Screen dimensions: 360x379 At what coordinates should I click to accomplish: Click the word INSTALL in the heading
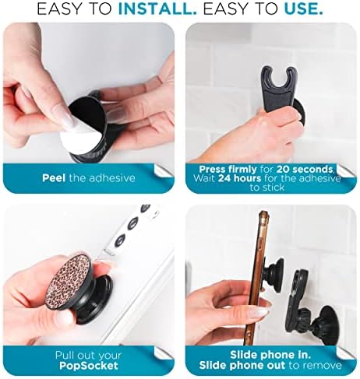pyautogui.click(x=157, y=9)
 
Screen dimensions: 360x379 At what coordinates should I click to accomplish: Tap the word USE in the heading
pyautogui.click(x=304, y=9)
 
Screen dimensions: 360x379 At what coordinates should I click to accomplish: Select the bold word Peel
pyautogui.click(x=54, y=178)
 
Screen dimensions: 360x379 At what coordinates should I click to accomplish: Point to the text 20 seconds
pyautogui.click(x=305, y=170)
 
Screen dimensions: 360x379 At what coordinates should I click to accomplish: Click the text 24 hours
pyautogui.click(x=239, y=178)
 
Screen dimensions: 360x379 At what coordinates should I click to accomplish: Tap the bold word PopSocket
pyautogui.click(x=89, y=366)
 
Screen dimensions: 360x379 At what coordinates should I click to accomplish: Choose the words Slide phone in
pyautogui.click(x=270, y=355)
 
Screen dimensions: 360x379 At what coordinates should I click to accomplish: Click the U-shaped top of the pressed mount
pyautogui.click(x=279, y=76)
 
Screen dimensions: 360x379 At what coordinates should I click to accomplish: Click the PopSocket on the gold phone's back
pyautogui.click(x=274, y=273)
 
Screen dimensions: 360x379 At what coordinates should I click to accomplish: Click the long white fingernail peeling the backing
pyautogui.click(x=70, y=122)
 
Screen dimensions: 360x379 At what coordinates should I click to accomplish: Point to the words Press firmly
pyautogui.click(x=228, y=170)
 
